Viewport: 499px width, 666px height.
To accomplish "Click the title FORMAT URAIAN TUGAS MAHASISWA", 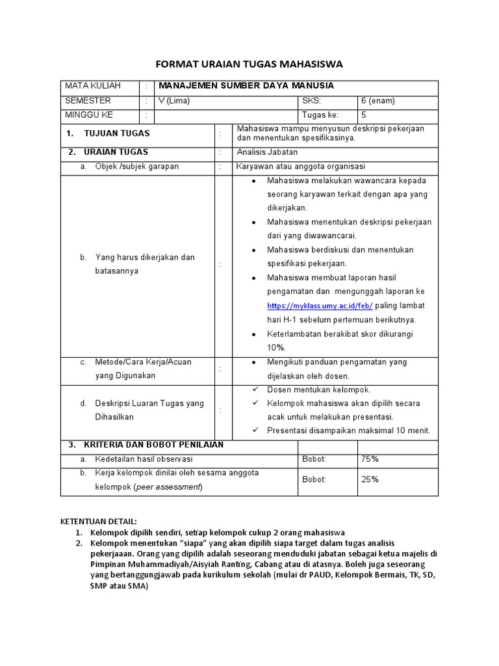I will (x=249, y=64).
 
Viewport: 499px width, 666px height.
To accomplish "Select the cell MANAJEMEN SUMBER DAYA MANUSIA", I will (x=246, y=86).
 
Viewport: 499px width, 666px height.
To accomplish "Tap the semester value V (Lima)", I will (x=174, y=101).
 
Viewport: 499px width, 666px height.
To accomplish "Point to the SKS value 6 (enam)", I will (x=377, y=101).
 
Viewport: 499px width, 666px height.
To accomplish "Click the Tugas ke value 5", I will (x=364, y=116).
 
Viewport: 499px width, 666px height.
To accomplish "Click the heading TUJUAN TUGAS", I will (x=117, y=133).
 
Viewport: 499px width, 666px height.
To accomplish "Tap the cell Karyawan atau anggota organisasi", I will (x=300, y=166).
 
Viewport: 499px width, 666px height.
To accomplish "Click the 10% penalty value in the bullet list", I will (x=276, y=347).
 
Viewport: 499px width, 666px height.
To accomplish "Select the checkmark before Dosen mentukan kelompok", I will (x=255, y=390).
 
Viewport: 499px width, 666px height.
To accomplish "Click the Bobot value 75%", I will (x=370, y=459).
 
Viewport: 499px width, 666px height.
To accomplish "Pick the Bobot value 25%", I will (x=370, y=479).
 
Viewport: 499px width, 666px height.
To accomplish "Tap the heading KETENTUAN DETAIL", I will (x=99, y=522).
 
